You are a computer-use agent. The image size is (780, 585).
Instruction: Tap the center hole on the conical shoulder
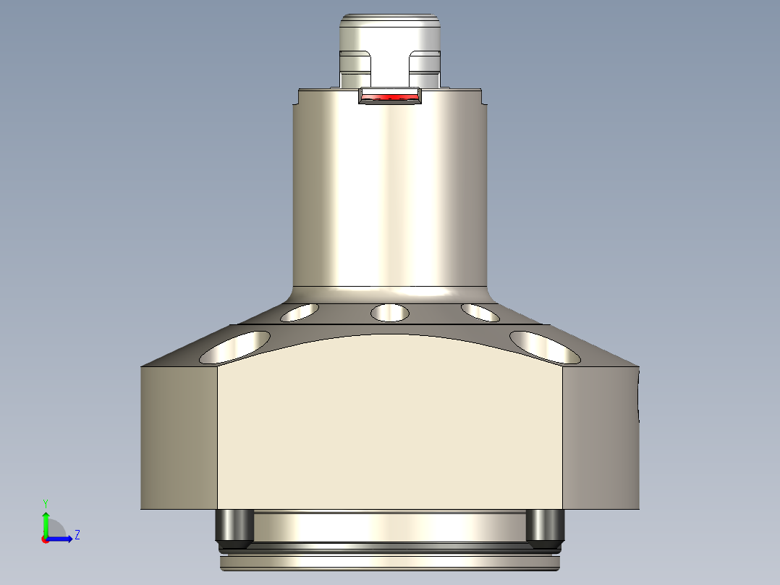[x=389, y=313]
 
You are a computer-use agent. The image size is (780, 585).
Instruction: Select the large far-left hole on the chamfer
[x=236, y=347]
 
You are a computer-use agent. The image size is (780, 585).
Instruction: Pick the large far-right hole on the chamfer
[x=545, y=347]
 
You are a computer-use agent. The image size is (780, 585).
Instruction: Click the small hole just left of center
[x=300, y=312]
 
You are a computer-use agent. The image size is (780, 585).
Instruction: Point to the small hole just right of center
[x=480, y=312]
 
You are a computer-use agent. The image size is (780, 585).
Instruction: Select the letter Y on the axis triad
[x=45, y=502]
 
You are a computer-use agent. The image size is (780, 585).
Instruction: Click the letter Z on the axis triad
[x=77, y=535]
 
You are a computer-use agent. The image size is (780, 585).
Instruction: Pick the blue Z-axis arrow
[x=62, y=539]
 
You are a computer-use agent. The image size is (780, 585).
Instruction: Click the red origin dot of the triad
[x=45, y=539]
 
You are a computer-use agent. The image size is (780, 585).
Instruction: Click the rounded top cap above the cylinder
[x=390, y=33]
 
